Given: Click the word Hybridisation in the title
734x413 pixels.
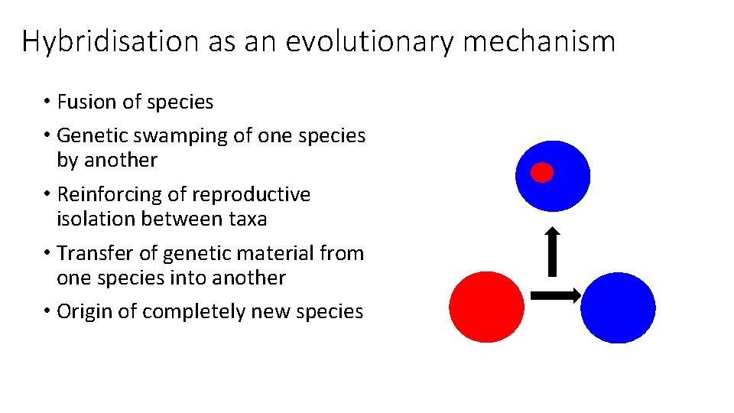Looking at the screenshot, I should point(109,41).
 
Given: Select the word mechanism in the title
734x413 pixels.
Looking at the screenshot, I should point(538,41).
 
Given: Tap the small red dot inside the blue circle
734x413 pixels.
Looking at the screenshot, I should point(542,173).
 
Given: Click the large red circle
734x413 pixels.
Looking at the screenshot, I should point(486,307).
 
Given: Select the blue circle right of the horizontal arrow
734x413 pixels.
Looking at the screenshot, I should point(618,307).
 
